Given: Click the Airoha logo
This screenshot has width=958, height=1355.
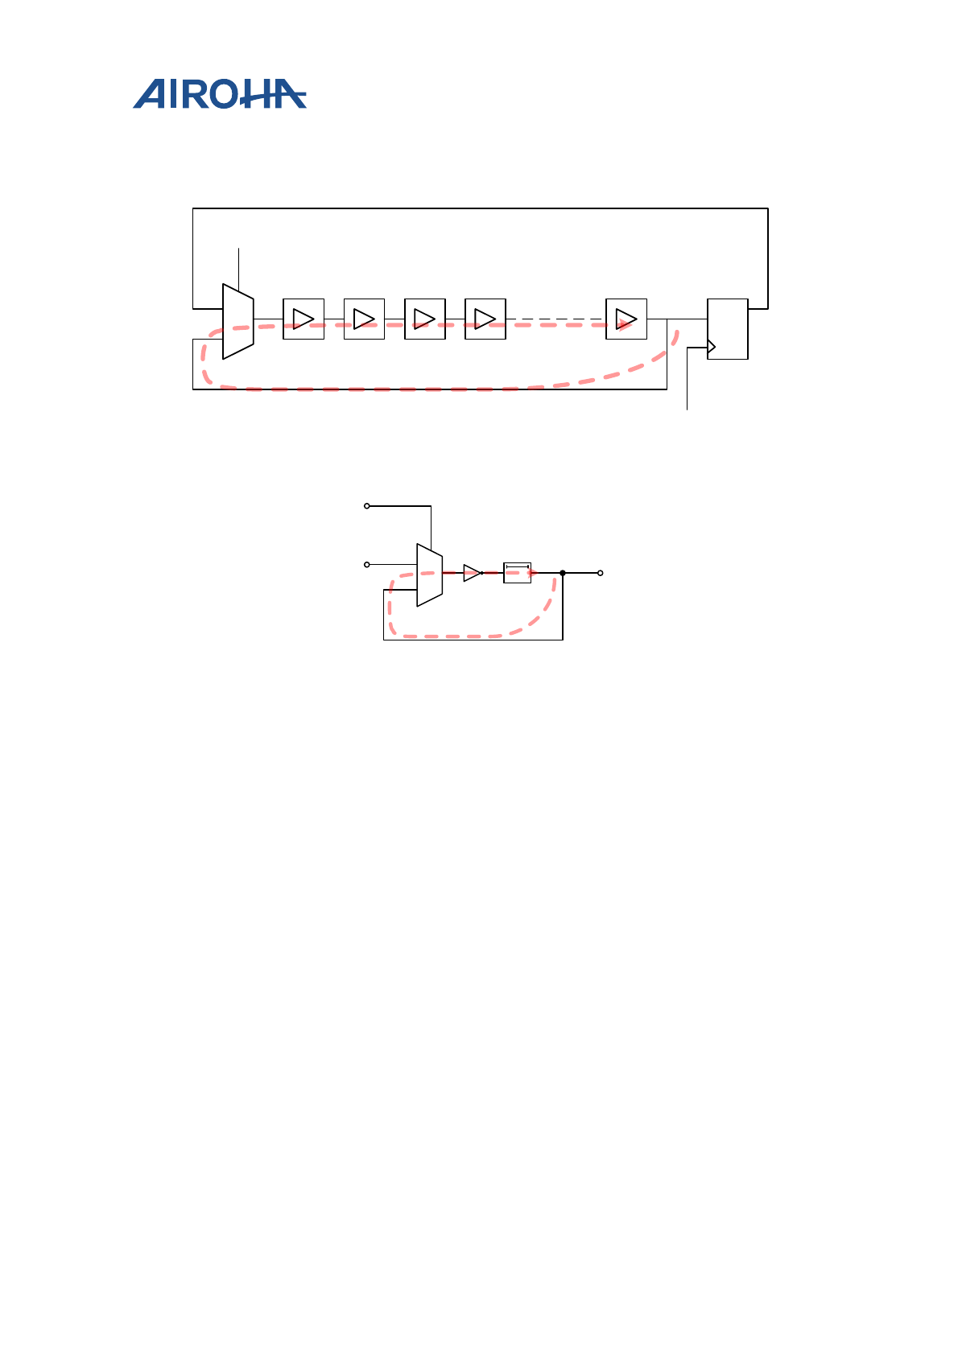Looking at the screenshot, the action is click(x=219, y=94).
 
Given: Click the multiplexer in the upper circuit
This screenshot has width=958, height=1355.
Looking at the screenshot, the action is click(x=238, y=321).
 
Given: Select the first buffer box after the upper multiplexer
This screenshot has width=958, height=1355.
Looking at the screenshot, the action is click(x=304, y=319).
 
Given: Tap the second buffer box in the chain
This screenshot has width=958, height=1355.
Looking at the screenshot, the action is click(x=364, y=319).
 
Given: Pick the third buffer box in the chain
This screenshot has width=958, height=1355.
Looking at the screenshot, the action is click(x=425, y=319).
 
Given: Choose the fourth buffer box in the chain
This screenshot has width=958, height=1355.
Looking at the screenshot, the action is click(x=485, y=319).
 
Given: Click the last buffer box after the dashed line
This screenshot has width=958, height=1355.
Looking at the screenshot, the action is click(x=626, y=319).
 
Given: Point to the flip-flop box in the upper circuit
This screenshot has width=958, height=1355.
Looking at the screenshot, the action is click(x=728, y=328).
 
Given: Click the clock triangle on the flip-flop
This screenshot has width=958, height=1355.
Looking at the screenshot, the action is click(x=711, y=348).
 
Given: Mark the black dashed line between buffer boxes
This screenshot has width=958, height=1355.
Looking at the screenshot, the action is click(x=555, y=319).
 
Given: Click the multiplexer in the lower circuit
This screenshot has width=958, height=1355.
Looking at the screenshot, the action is click(x=429, y=575).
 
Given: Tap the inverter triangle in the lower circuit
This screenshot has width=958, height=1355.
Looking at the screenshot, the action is click(x=472, y=573).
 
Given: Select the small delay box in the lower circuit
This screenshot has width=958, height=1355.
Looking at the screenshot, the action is click(x=517, y=573).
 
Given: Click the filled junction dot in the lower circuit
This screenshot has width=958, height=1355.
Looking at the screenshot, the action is click(x=563, y=573).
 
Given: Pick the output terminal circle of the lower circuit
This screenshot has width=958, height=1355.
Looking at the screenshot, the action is click(x=601, y=573).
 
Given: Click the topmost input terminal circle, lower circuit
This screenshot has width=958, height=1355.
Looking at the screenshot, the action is click(x=367, y=506).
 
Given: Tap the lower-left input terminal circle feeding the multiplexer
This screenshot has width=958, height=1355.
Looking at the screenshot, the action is click(x=367, y=565).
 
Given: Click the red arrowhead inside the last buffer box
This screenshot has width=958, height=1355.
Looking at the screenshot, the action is click(x=623, y=323).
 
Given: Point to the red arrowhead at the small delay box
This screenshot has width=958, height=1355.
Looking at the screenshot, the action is click(x=533, y=572).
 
